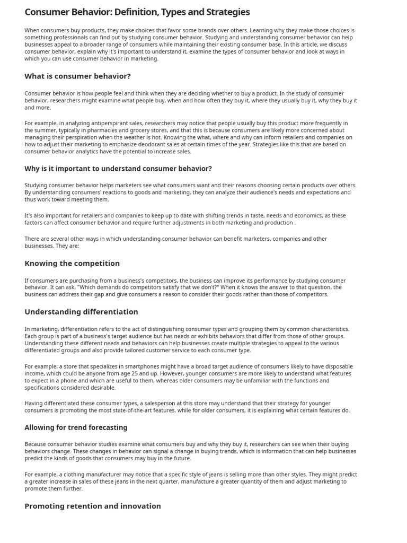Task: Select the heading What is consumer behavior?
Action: point(77,76)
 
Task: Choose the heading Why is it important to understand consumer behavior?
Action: point(118,169)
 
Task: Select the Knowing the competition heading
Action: point(72,263)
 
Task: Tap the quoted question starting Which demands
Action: point(143,287)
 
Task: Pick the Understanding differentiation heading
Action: point(81,312)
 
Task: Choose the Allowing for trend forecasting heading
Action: point(76,427)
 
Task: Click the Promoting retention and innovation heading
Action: point(93,506)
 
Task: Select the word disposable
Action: point(335,366)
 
